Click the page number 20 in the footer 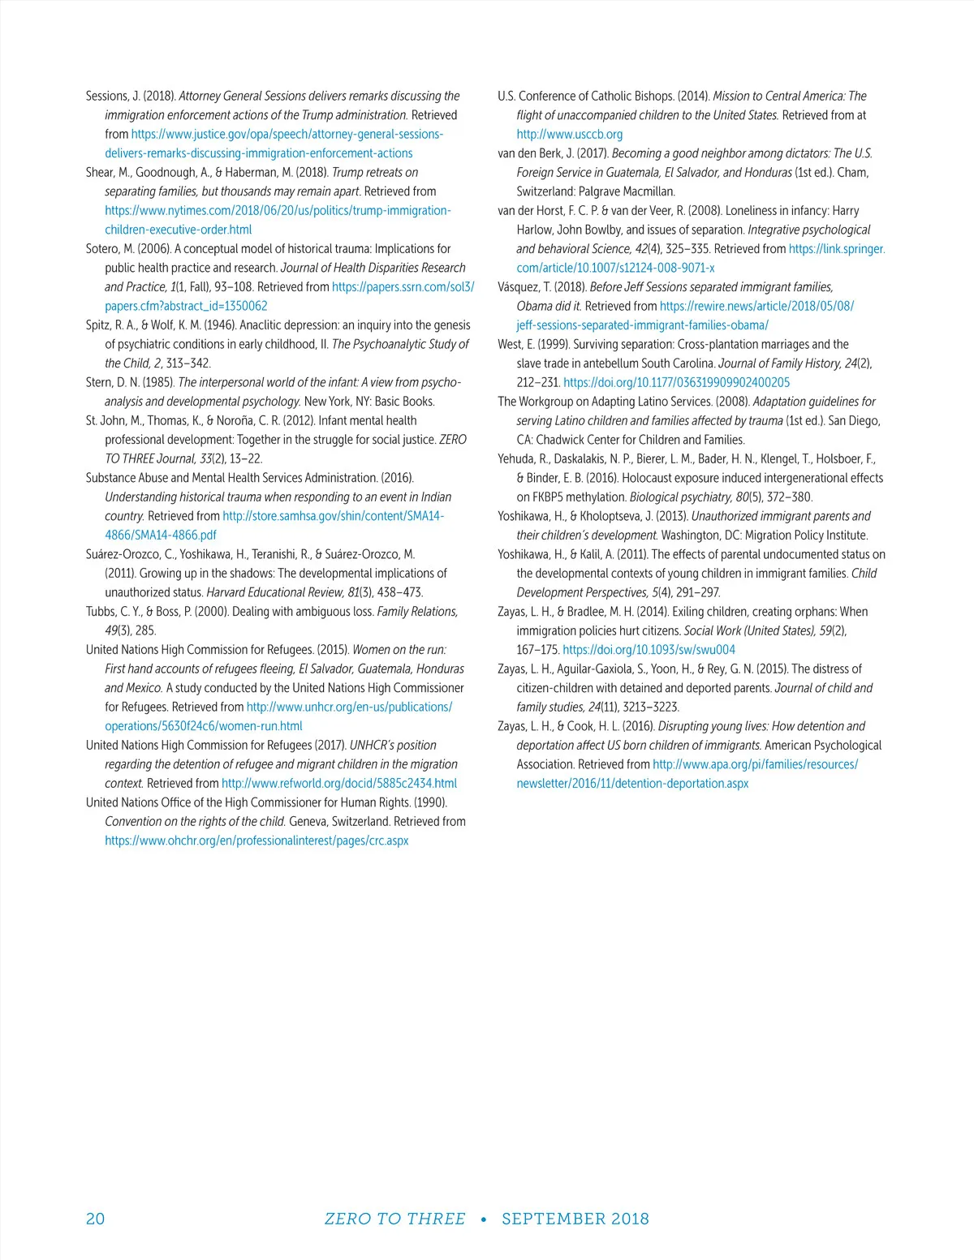point(95,1219)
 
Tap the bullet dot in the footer point(484,1219)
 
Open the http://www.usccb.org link point(569,135)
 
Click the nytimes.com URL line point(278,211)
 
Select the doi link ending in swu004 point(649,650)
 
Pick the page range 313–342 point(188,363)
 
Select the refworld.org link point(339,784)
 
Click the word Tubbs point(101,612)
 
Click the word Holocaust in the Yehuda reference point(655,478)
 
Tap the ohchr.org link point(256,841)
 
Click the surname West point(511,344)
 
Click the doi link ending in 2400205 point(676,383)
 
